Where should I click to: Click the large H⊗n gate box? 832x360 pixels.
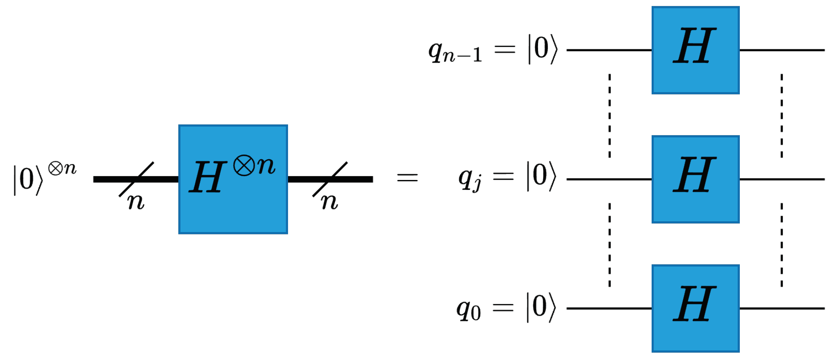[x=233, y=179]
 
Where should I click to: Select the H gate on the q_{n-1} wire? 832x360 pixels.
[x=695, y=50]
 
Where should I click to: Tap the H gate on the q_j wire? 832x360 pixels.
[x=695, y=179]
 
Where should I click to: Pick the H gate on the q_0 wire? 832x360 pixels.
[x=695, y=308]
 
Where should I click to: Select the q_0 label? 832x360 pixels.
[x=469, y=310]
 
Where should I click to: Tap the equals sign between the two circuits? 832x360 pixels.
[x=408, y=178]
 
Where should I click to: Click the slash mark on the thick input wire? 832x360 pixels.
[x=136, y=179]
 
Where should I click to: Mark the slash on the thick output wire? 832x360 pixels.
[x=330, y=179]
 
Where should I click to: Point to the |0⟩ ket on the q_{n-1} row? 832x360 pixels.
[x=543, y=49]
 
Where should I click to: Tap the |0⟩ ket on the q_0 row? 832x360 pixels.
[x=541, y=308]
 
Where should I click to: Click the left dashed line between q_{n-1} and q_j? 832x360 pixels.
[x=609, y=115]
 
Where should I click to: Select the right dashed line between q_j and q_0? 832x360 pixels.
[x=782, y=244]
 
